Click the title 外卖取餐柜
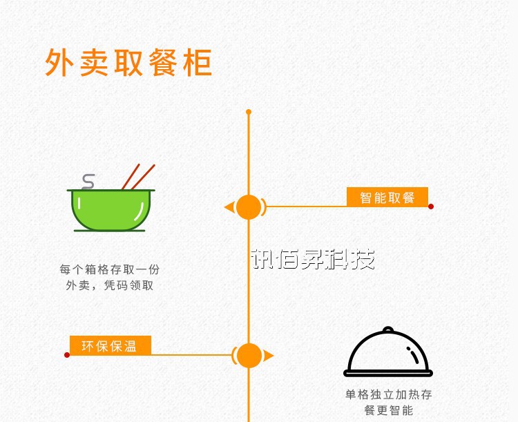128,62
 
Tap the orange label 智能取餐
387,198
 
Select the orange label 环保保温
110,346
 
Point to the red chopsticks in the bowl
138,176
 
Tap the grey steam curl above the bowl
88,181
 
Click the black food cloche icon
388,354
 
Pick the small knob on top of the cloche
388,329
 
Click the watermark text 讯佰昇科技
312,260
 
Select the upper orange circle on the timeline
249,207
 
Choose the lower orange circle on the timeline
249,356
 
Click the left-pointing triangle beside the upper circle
229,207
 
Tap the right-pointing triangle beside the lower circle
269,356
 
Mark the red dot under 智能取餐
431,207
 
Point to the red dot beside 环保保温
67,355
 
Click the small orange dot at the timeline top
249,111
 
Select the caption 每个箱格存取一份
110,269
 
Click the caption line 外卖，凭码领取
110,285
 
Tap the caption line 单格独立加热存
389,395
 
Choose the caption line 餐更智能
389,410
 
